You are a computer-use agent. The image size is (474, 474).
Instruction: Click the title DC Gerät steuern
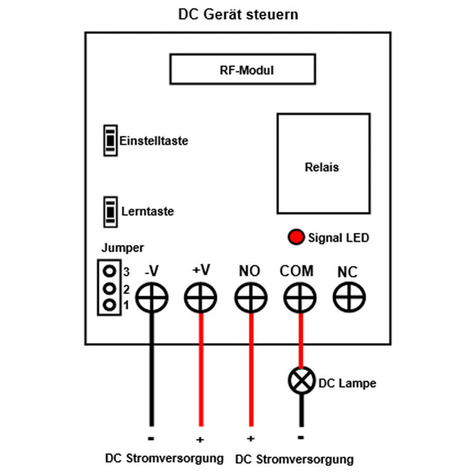238,15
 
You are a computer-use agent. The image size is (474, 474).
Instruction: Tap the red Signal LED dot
296,237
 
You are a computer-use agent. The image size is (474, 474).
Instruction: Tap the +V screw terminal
201,298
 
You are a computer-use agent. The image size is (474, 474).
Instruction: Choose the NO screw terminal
250,298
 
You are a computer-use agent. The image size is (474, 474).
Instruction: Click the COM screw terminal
299,298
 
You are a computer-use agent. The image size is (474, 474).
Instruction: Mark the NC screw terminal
348,298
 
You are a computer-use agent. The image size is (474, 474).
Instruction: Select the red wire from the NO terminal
250,371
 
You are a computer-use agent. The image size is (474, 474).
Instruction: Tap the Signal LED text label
338,237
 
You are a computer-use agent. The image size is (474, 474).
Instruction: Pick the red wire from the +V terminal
201,371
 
